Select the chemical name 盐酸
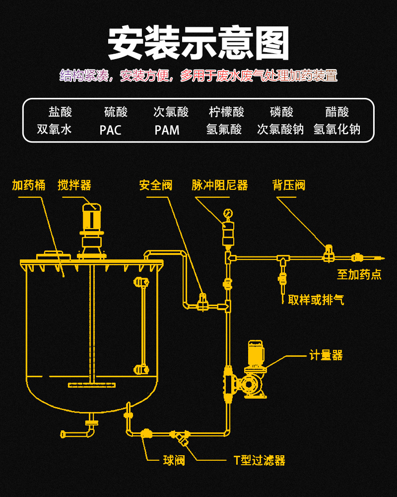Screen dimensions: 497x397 pos(60,112)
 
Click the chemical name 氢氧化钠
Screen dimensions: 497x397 pos(337,130)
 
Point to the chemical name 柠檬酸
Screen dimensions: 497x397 pos(227,112)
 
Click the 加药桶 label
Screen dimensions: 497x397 pos(29,185)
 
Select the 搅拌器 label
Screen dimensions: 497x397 pos(74,185)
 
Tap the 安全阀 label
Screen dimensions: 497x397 pos(156,185)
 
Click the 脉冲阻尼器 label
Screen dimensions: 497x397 pos(220,185)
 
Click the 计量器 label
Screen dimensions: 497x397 pos(326,355)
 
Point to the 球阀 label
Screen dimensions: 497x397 pos(174,461)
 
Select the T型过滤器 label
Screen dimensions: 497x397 pos(260,461)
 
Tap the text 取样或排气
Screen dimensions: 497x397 pos(316,300)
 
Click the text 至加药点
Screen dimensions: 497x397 pos(359,275)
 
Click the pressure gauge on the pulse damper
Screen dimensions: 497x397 pos(228,213)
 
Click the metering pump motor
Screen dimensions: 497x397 pos(256,351)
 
